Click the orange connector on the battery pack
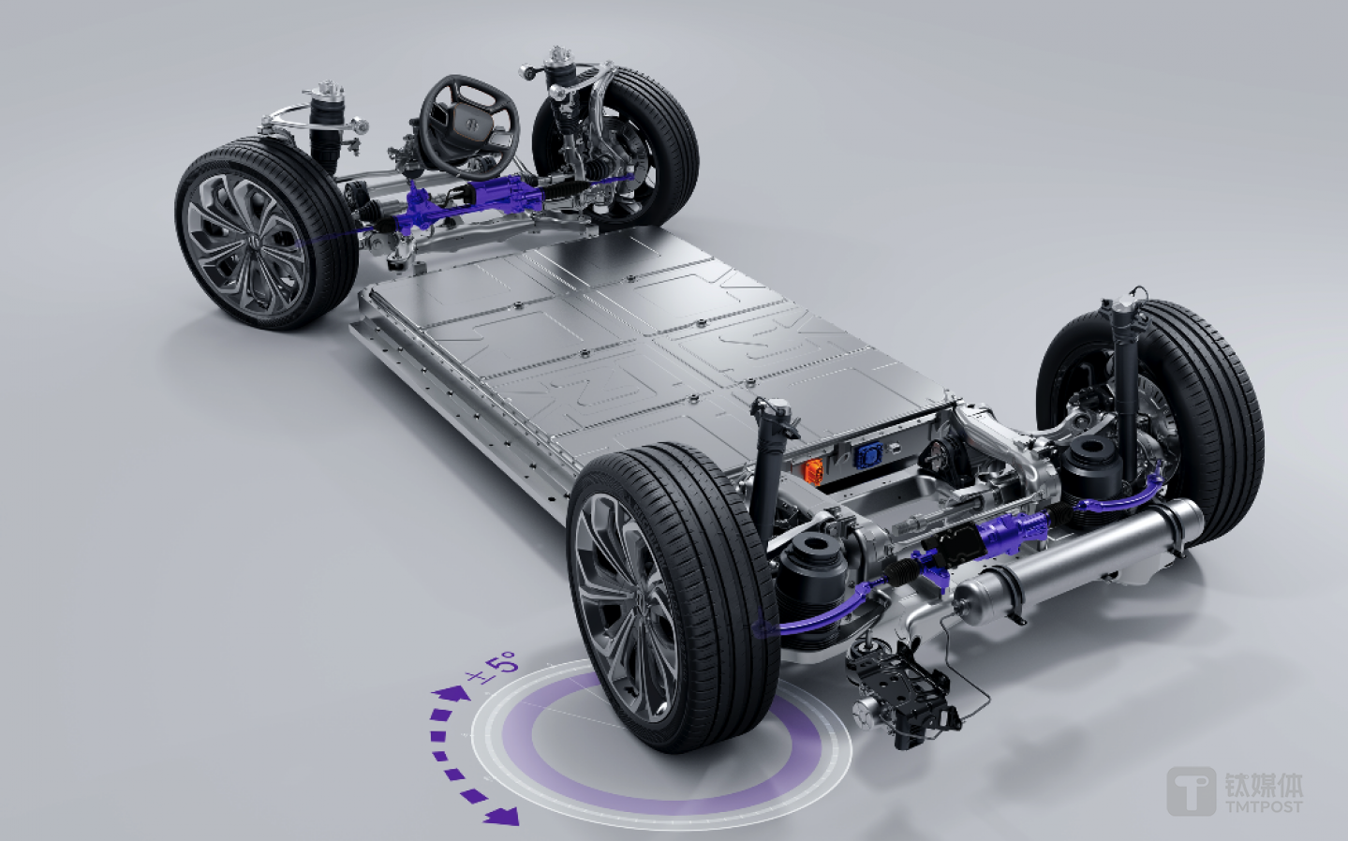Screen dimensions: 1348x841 813,470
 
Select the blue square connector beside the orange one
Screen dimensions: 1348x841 867,455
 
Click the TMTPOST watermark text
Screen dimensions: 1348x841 1264,806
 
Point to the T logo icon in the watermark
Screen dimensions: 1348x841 1191,791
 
